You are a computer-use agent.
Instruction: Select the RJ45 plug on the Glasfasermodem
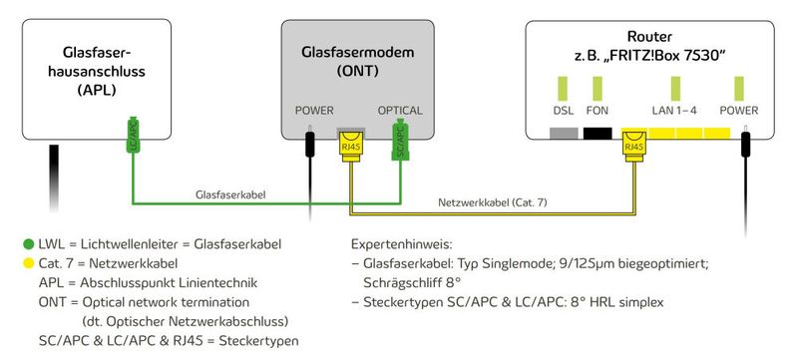pyautogui.click(x=350, y=146)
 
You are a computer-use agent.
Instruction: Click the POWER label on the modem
pyautogui.click(x=314, y=110)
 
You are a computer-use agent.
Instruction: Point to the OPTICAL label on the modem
pyautogui.click(x=400, y=110)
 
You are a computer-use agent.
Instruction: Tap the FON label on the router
pyautogui.click(x=598, y=110)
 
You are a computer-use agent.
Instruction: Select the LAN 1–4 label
pyautogui.click(x=675, y=110)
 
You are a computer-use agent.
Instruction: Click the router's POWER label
pyautogui.click(x=739, y=110)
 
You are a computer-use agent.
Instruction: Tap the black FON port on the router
pyautogui.click(x=598, y=133)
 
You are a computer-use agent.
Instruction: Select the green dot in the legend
pyautogui.click(x=26, y=244)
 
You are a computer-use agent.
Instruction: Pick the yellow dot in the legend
pyautogui.click(x=26, y=264)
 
